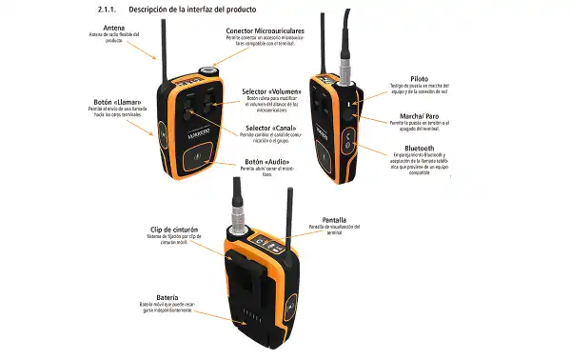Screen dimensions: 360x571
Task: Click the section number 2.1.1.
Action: point(110,9)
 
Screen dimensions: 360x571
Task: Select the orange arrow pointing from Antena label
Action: point(137,48)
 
